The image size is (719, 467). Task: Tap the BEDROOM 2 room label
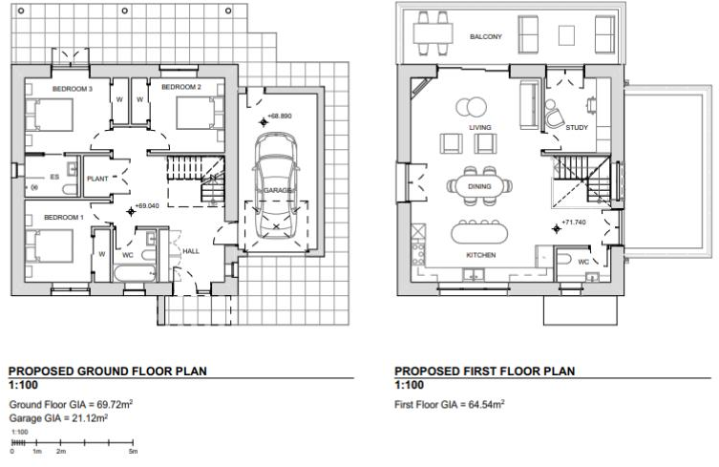(x=180, y=88)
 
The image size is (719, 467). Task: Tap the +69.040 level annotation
(x=146, y=205)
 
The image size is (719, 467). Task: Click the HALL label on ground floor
(x=191, y=251)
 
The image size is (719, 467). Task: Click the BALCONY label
(x=486, y=37)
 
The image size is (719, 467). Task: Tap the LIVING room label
(x=479, y=126)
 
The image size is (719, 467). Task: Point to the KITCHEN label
(x=480, y=256)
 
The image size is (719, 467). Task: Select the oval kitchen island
(x=479, y=232)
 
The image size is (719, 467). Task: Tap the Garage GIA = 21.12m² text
(x=58, y=418)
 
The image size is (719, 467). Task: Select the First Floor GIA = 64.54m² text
(x=449, y=405)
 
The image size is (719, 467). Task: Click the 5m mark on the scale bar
(x=134, y=451)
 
